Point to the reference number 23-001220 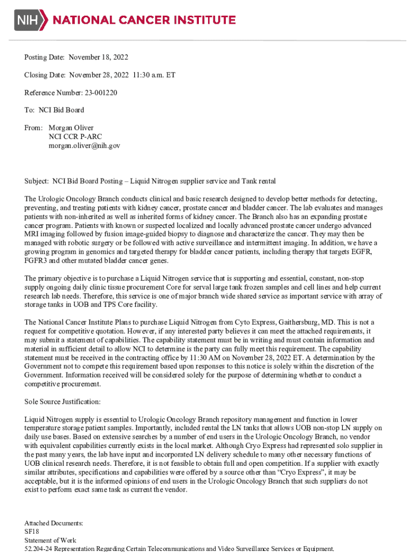101,93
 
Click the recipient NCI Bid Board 61,110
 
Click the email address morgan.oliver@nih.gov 85,146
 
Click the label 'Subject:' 37,181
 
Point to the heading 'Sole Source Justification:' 63,402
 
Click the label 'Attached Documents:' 54,523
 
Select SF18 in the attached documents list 32,532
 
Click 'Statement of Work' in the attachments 50,540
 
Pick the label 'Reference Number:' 53,93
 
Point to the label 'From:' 33,128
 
